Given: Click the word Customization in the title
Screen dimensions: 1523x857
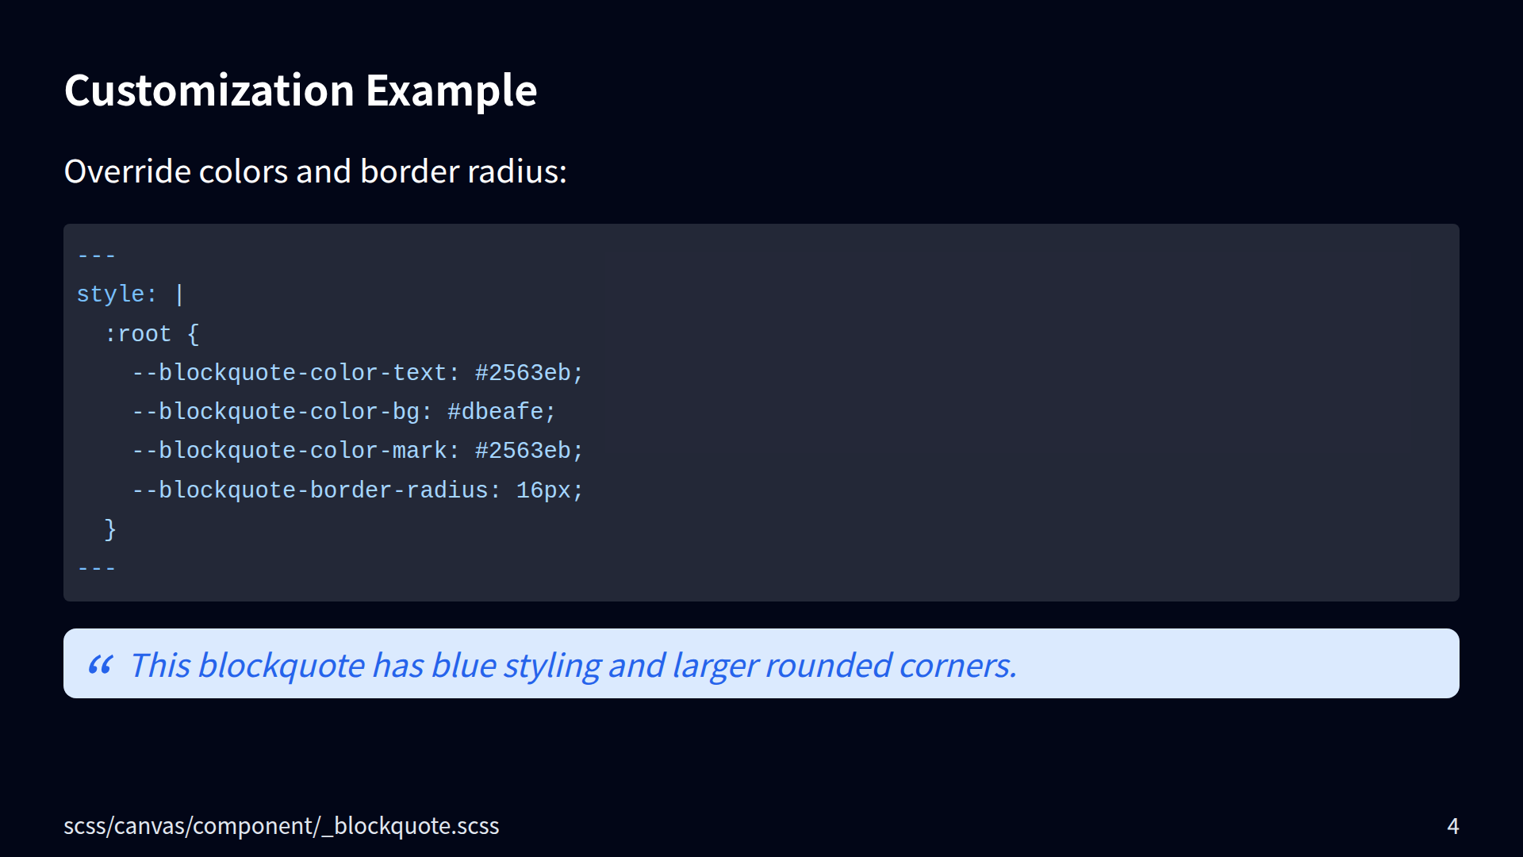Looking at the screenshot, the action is (x=209, y=90).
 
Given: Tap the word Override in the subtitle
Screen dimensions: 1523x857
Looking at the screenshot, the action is (x=127, y=171).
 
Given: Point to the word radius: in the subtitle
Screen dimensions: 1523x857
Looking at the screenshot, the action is (x=517, y=171).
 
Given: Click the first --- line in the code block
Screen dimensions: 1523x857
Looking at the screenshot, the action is (x=97, y=256).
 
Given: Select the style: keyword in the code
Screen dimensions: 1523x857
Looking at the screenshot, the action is (x=117, y=294).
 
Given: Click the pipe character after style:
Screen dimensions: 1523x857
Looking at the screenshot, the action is (x=179, y=294).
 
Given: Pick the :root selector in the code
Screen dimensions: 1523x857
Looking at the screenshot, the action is (x=138, y=333).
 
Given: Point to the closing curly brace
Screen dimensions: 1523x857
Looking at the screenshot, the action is (x=110, y=529).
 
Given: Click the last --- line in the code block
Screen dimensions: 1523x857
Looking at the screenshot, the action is (x=97, y=568).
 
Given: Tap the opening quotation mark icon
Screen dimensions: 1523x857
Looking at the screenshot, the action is (x=101, y=664).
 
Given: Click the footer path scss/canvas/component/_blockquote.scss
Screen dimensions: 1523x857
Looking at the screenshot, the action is (x=282, y=826).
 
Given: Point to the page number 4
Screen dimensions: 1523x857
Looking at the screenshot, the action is (x=1453, y=826).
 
